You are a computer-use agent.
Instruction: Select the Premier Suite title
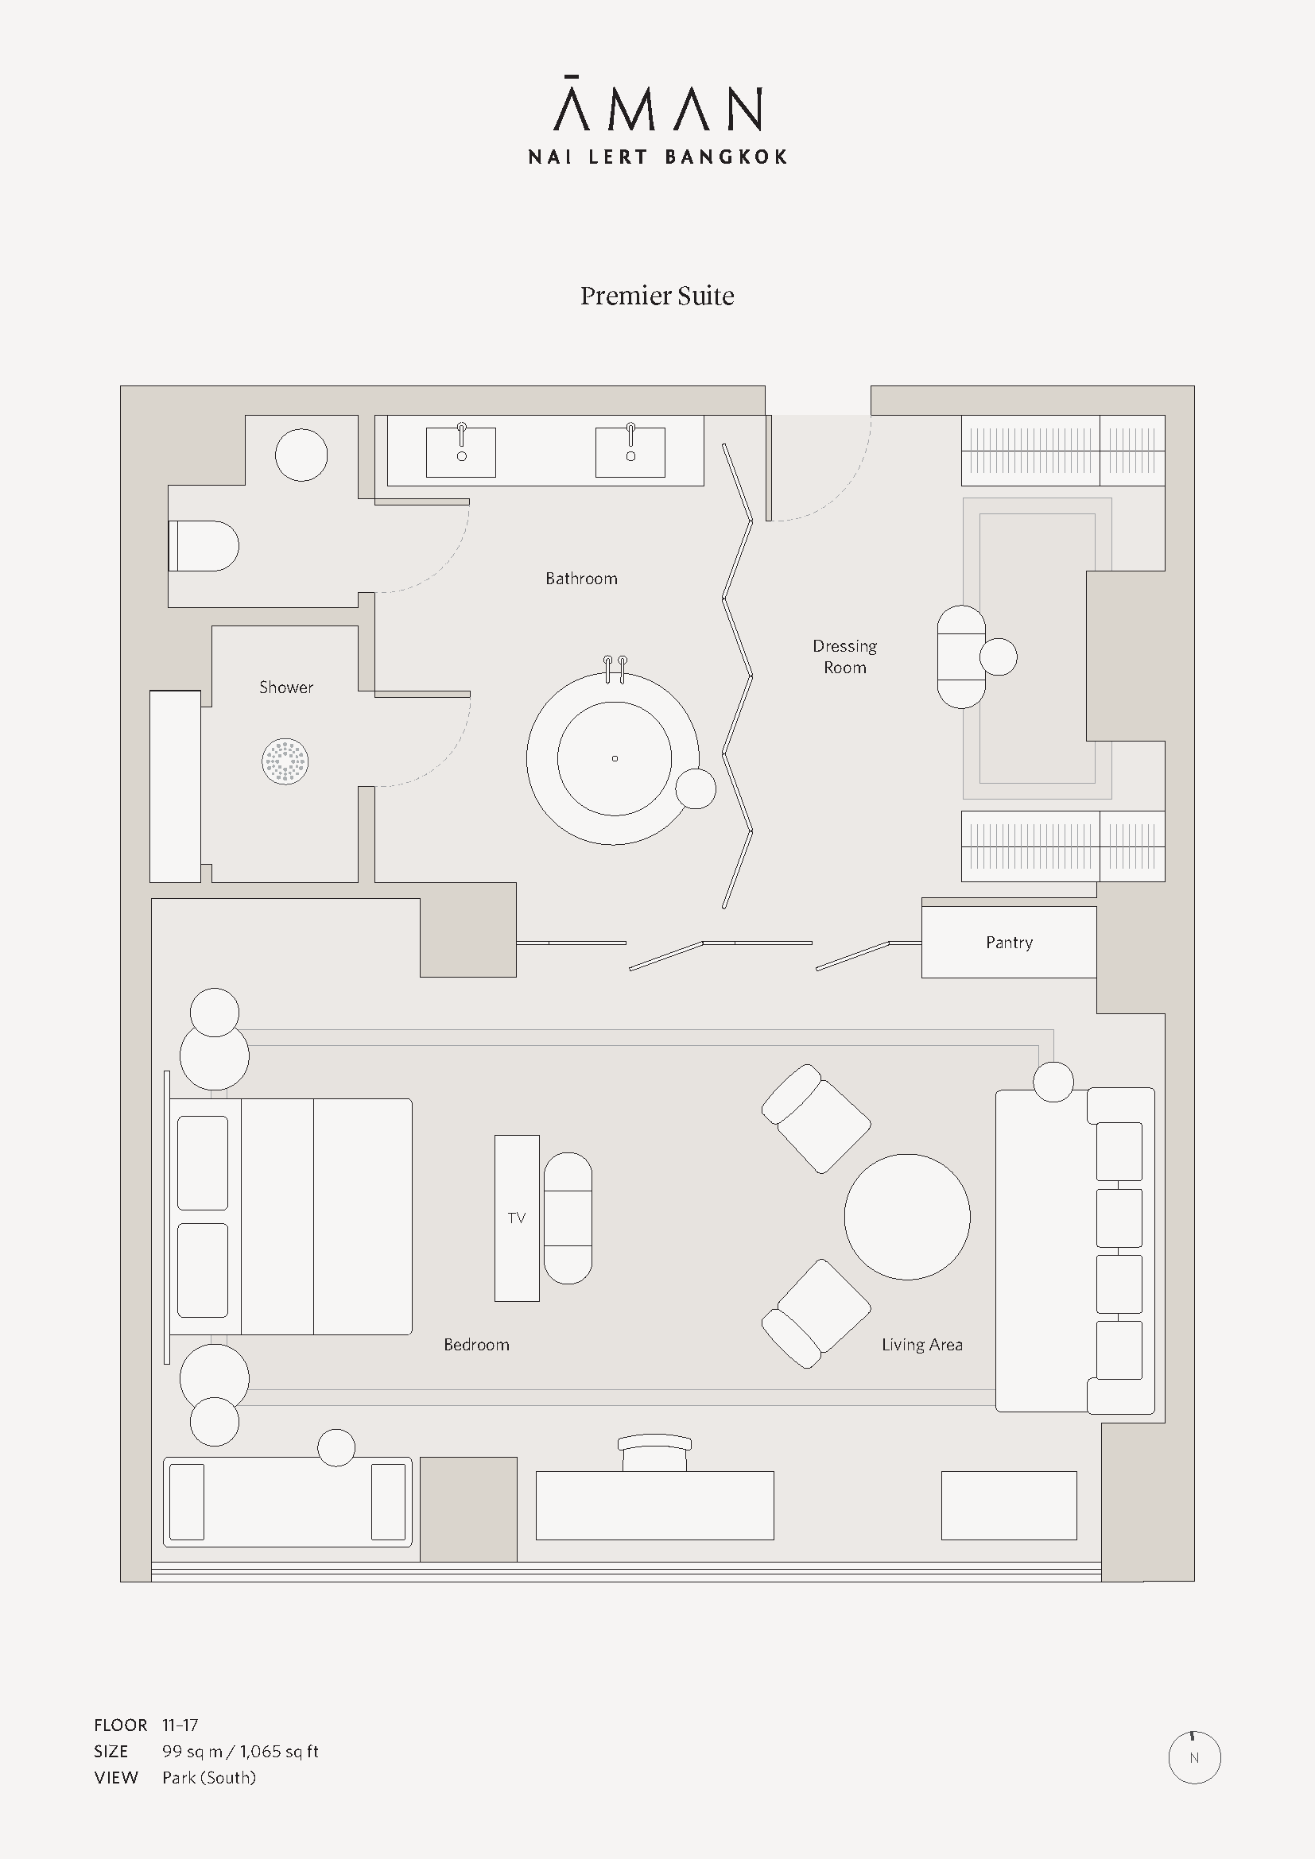coord(657,296)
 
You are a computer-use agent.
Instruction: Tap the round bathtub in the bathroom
coord(613,758)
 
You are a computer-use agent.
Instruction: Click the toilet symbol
coord(204,546)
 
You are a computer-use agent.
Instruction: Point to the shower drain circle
coord(285,761)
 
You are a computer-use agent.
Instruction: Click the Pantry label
coord(1009,943)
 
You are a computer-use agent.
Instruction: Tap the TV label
coord(517,1218)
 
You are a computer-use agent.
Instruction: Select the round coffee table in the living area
coord(907,1217)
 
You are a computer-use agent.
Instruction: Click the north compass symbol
coord(1194,1757)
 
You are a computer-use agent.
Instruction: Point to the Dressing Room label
coord(844,656)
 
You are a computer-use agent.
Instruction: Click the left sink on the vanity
coord(461,451)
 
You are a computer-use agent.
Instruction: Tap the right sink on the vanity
coord(630,451)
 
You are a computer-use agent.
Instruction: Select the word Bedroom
coord(476,1345)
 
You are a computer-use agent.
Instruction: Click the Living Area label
coord(922,1345)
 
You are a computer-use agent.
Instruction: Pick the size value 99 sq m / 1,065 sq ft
coord(240,1752)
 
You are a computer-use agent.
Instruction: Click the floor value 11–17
coord(180,1725)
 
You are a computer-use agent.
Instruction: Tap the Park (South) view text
coord(209,1777)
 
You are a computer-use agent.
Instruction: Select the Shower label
coord(286,687)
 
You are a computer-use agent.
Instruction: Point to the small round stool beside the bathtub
coord(696,788)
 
